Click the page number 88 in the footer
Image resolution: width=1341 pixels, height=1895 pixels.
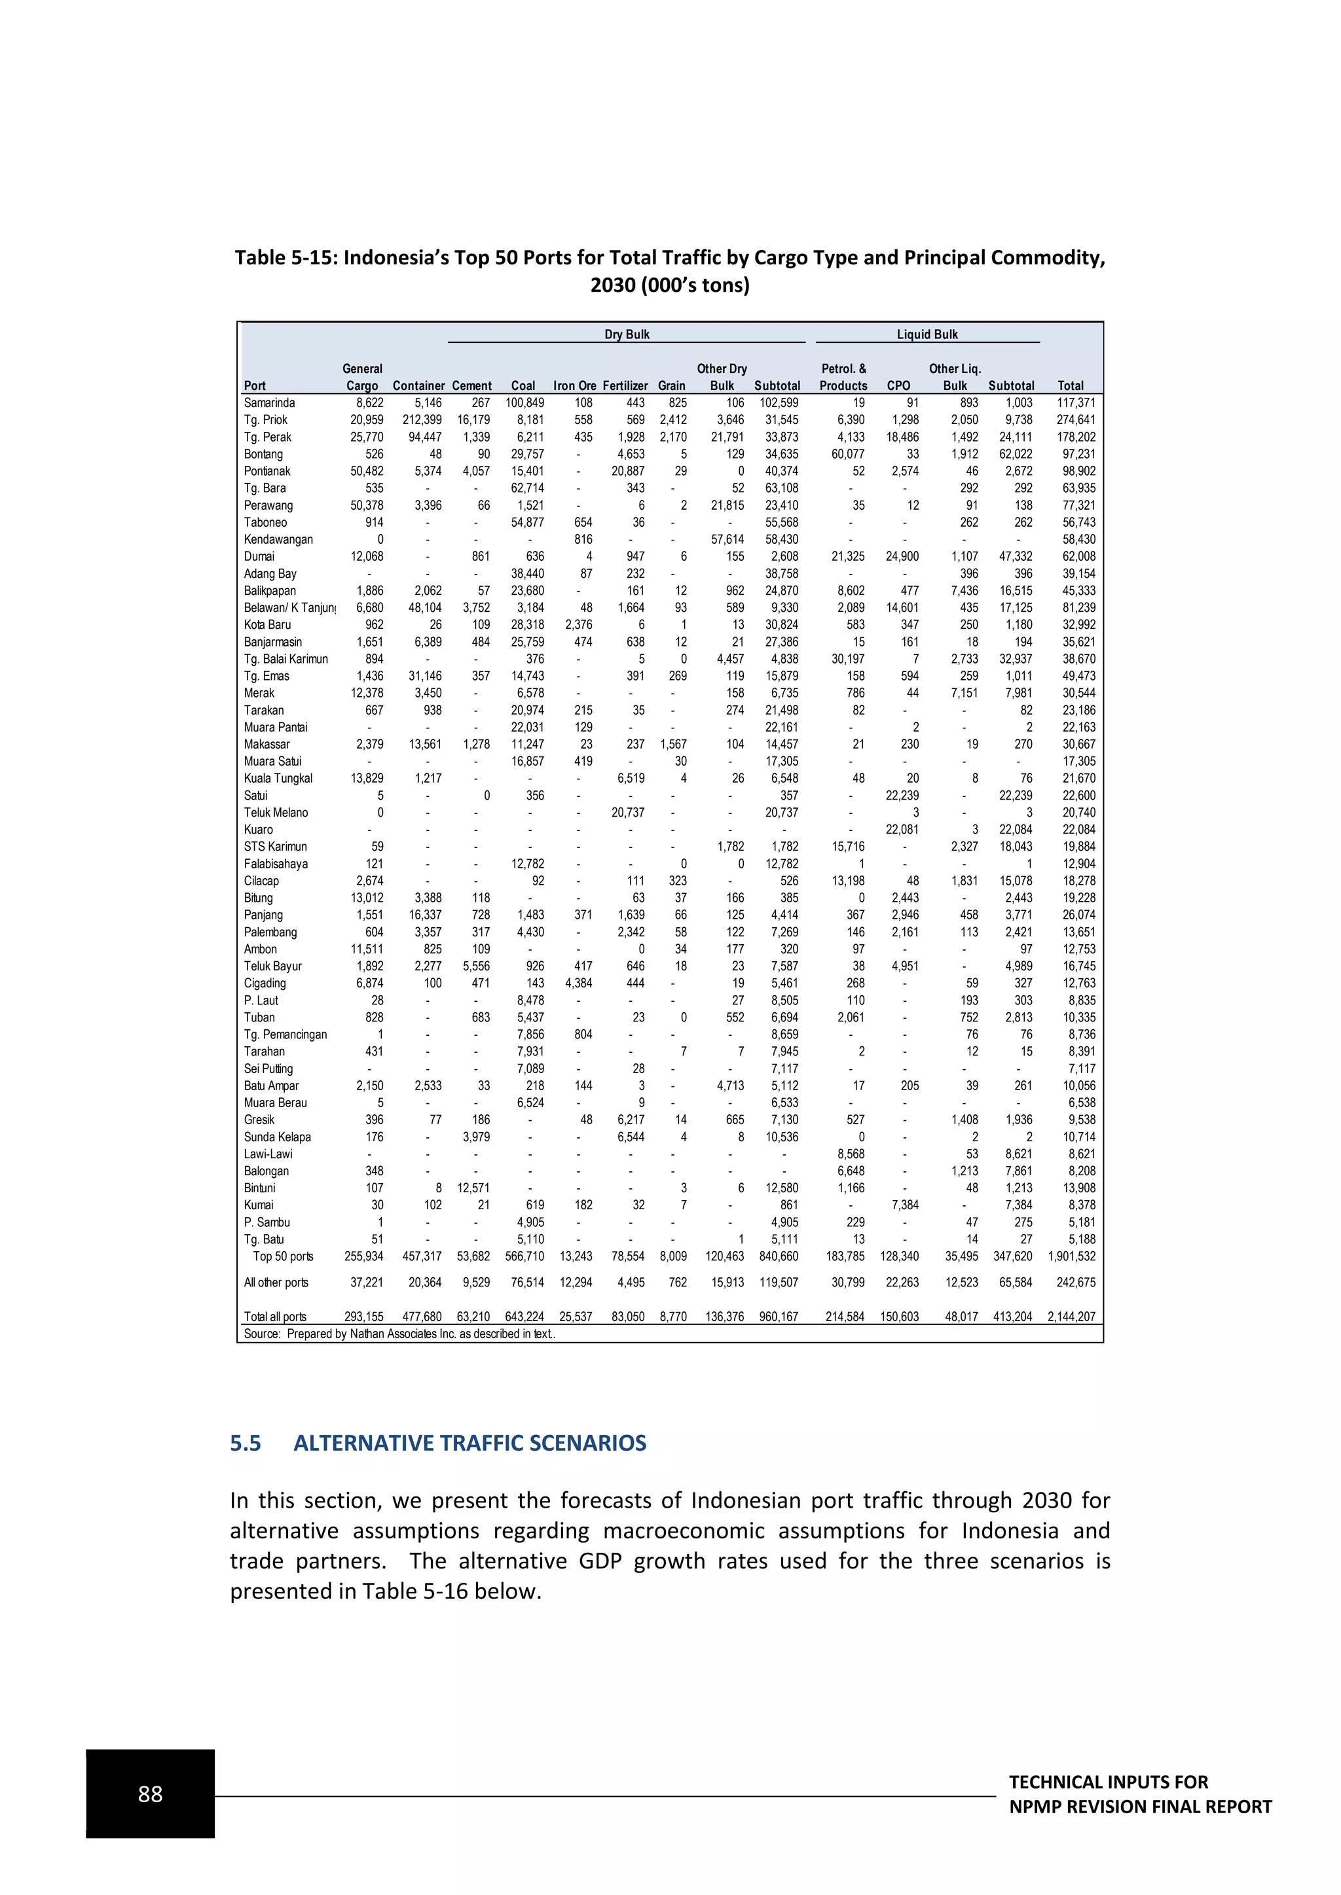click(x=151, y=1794)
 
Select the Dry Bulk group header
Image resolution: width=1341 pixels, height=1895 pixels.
click(x=627, y=334)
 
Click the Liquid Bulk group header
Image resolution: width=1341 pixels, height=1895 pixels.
click(x=927, y=334)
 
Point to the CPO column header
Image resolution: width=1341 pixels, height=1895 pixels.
click(x=898, y=385)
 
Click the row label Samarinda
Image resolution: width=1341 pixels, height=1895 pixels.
click(x=269, y=403)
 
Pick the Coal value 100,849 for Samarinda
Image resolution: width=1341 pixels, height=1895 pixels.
click(x=524, y=403)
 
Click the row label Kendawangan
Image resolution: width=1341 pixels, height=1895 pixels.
click(x=278, y=539)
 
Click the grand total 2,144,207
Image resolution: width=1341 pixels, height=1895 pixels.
click(x=1071, y=1317)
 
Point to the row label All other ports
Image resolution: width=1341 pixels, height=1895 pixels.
click(x=276, y=1282)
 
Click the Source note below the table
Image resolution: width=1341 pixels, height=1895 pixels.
click(x=399, y=1334)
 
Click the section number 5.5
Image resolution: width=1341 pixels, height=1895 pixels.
click(x=246, y=1443)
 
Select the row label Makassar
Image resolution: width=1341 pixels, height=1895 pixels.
click(x=266, y=743)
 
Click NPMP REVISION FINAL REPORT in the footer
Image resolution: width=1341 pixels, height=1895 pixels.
click(x=1139, y=1807)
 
